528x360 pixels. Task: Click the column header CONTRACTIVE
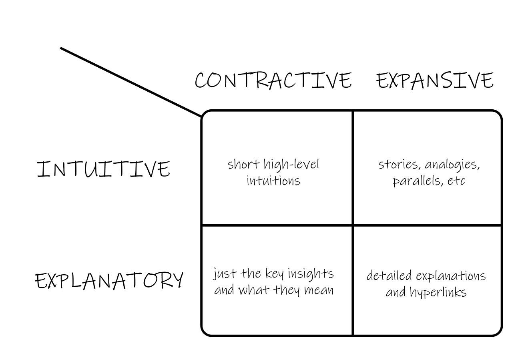(273, 80)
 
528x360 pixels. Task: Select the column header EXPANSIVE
(435, 80)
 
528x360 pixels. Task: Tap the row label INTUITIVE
(103, 169)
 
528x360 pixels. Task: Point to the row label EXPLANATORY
(109, 280)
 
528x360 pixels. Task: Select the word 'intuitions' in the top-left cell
(273, 181)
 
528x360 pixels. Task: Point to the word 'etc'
(456, 181)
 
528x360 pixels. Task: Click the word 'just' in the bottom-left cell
(221, 274)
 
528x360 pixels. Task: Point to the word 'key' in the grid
(274, 274)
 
